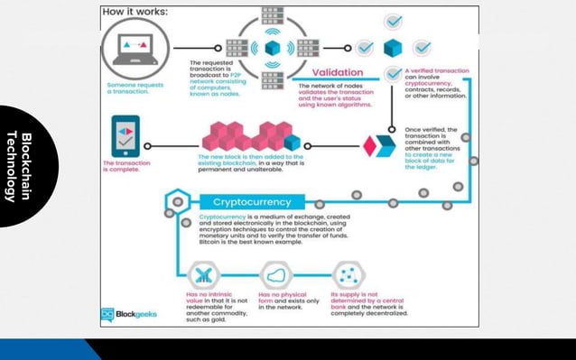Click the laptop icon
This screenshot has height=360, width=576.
pyautogui.click(x=135, y=47)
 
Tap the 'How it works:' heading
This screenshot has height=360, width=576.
pyautogui.click(x=135, y=13)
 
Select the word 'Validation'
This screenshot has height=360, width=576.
pyautogui.click(x=338, y=72)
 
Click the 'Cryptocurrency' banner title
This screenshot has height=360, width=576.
pyautogui.click(x=252, y=202)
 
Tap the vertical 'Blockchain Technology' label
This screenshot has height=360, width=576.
pyautogui.click(x=19, y=167)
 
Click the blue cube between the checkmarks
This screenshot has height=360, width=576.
pyautogui.click(x=392, y=47)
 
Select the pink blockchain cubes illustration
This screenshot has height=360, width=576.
pyautogui.click(x=254, y=135)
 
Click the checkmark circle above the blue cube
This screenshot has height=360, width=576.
pyautogui.click(x=393, y=21)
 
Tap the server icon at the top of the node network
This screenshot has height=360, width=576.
pyautogui.click(x=272, y=16)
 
